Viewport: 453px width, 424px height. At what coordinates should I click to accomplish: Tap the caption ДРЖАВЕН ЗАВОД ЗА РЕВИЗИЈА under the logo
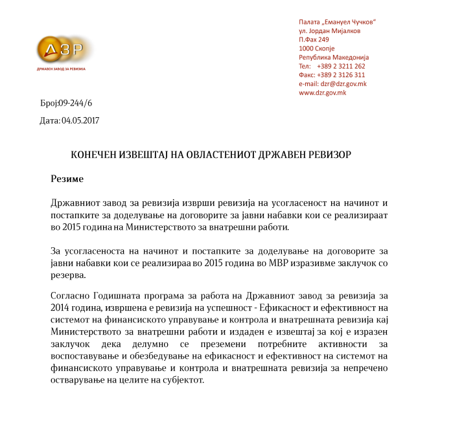tap(61, 68)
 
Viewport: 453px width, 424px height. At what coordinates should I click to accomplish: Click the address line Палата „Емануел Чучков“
tap(338, 22)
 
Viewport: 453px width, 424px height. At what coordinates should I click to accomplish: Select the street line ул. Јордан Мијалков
tap(329, 30)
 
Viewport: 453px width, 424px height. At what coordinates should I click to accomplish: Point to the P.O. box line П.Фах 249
tap(314, 39)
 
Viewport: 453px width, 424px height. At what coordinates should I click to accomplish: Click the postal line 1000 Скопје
tap(317, 48)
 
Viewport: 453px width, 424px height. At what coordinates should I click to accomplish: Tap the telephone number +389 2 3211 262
tap(341, 66)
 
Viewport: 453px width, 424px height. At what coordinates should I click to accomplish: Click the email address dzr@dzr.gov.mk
tap(343, 84)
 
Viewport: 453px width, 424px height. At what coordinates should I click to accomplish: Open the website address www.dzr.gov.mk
tap(322, 93)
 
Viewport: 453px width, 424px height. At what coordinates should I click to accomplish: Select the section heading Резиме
tap(67, 177)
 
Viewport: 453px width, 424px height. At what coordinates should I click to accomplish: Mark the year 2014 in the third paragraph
tap(60, 307)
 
